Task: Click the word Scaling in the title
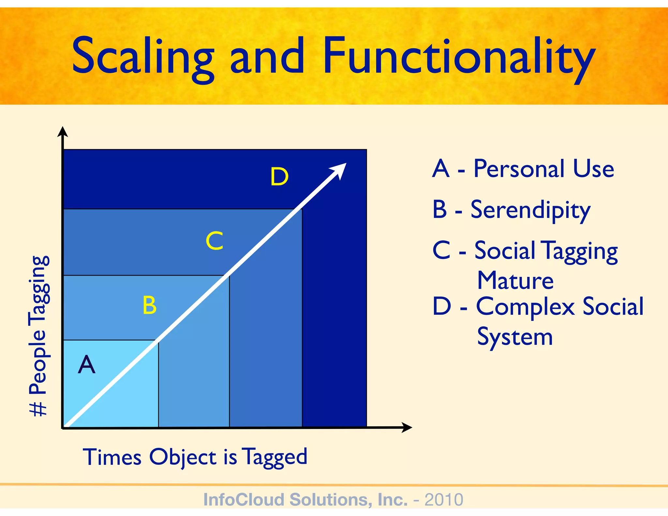tap(143, 56)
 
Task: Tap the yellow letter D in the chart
tap(280, 177)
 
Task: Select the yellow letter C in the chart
tap(215, 241)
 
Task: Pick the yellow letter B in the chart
tap(150, 305)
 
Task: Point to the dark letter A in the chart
tap(87, 365)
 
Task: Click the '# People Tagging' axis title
tap(39, 336)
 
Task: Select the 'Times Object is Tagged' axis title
tap(195, 457)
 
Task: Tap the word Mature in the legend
tap(515, 281)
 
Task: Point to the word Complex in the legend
tap(525, 307)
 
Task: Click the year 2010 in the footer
tap(444, 500)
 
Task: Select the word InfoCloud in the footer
tap(243, 500)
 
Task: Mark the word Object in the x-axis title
tap(183, 457)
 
